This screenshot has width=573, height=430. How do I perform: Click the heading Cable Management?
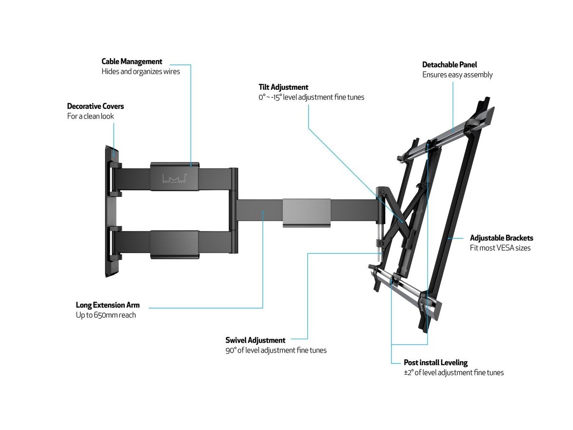tap(132, 62)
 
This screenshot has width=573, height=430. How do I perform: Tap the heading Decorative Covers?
tap(95, 106)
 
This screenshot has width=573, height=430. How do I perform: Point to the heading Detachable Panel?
tap(449, 64)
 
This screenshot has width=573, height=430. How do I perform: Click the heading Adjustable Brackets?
tap(501, 238)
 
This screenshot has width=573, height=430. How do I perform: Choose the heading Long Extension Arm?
tap(108, 305)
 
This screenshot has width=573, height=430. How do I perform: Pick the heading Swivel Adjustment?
tap(255, 340)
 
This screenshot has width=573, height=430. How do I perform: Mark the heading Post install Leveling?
tap(435, 363)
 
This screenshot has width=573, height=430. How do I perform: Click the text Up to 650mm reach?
tap(106, 315)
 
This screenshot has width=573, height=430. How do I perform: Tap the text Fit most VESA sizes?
tap(500, 248)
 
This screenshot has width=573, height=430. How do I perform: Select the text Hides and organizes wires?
tap(141, 72)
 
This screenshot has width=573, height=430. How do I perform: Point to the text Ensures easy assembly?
tap(457, 75)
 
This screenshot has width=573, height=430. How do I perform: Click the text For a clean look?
tap(91, 116)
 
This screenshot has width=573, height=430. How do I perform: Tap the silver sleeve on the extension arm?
tap(306, 212)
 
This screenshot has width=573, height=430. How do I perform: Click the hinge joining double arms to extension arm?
tap(233, 205)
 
